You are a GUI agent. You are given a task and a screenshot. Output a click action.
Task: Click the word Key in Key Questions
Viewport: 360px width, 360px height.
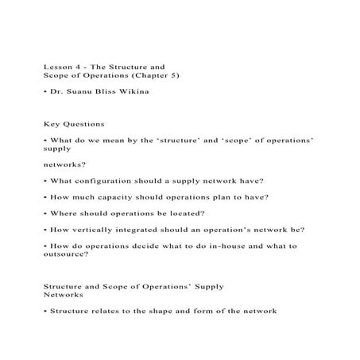[52, 124]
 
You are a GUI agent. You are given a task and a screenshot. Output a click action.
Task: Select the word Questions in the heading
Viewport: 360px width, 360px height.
[83, 124]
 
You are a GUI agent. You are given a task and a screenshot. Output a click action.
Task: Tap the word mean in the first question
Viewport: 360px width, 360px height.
[117, 140]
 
